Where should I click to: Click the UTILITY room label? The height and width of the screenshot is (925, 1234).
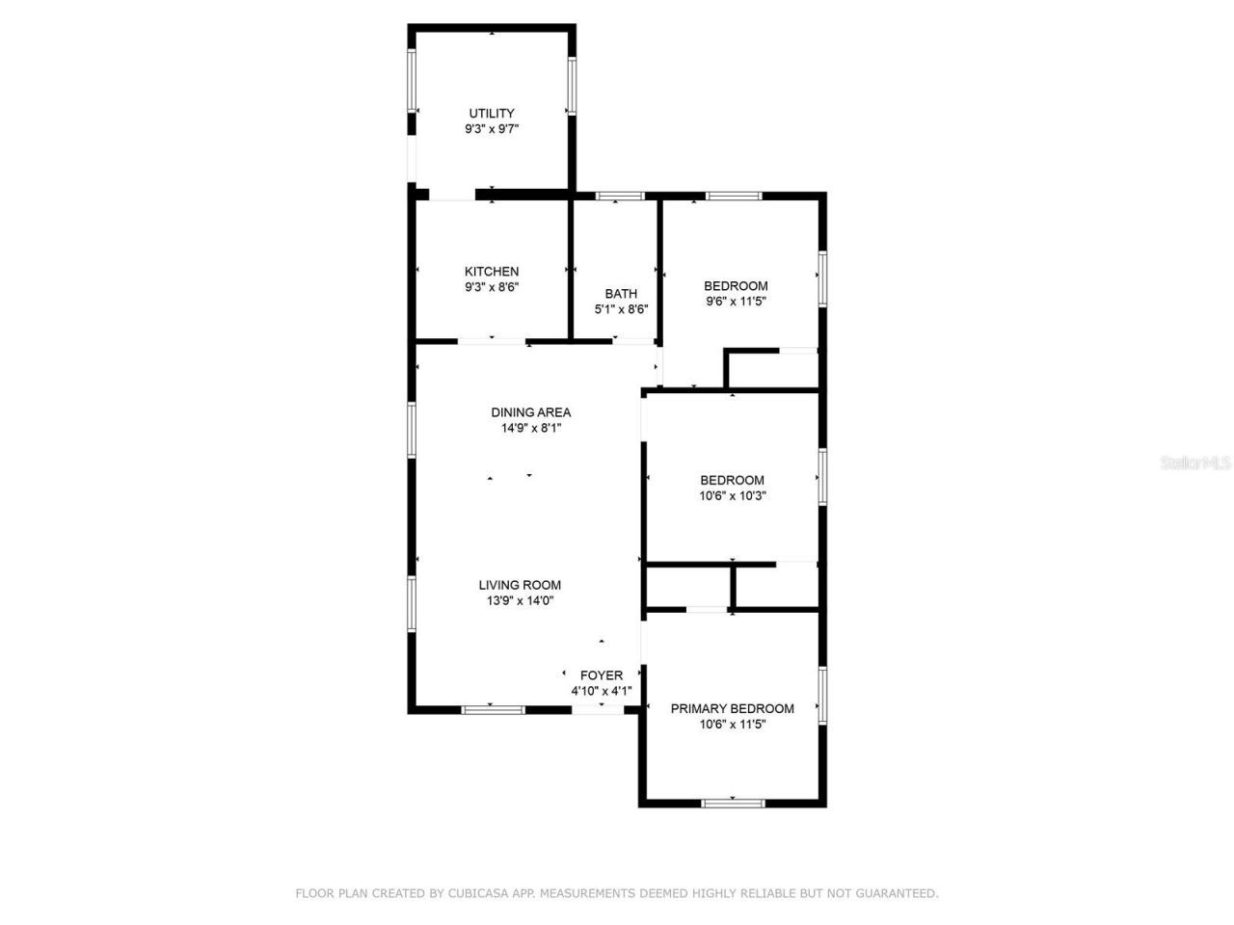click(492, 113)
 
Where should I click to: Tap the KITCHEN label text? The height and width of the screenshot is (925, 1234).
click(492, 272)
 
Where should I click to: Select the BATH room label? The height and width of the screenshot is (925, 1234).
click(621, 294)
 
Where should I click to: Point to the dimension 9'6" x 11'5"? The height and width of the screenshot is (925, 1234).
click(736, 302)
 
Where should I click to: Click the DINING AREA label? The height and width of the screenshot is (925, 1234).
click(530, 412)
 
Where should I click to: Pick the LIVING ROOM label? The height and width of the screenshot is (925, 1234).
click(520, 585)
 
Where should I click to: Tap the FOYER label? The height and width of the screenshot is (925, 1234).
click(601, 675)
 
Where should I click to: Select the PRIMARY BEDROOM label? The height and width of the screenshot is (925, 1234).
click(733, 708)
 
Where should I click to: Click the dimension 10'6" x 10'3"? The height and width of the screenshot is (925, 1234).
click(733, 496)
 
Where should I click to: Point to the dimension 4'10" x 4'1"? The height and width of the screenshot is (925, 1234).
click(601, 691)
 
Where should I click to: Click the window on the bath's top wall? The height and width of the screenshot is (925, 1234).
click(619, 197)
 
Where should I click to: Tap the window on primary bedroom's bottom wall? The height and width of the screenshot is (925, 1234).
click(733, 802)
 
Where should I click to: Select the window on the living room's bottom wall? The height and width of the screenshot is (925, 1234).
click(493, 710)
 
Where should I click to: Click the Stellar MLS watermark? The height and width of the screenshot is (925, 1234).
click(1195, 463)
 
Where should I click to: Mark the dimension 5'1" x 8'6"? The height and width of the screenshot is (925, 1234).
click(621, 310)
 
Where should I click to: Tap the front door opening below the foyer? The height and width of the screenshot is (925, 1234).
click(599, 710)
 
